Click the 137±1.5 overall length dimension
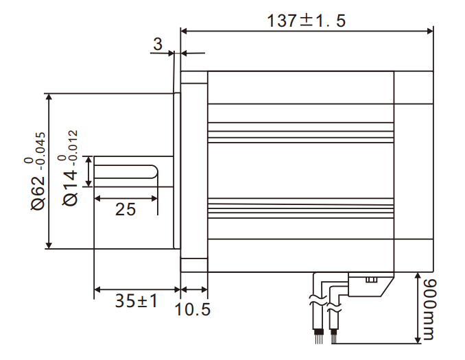pos(307,20)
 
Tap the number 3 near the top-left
pos(157,45)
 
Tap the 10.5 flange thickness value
pos(193,309)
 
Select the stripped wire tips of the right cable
pos(334,335)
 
